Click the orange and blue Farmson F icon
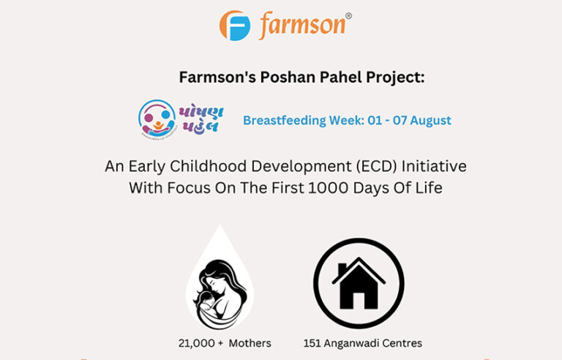(x=235, y=26)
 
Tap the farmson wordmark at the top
(x=302, y=26)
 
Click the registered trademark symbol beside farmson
(x=348, y=15)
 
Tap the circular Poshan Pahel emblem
(x=155, y=118)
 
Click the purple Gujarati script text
(x=200, y=117)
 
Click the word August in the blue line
(x=430, y=120)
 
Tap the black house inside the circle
(x=359, y=284)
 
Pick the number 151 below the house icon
(x=312, y=342)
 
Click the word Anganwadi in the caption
(x=352, y=343)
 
